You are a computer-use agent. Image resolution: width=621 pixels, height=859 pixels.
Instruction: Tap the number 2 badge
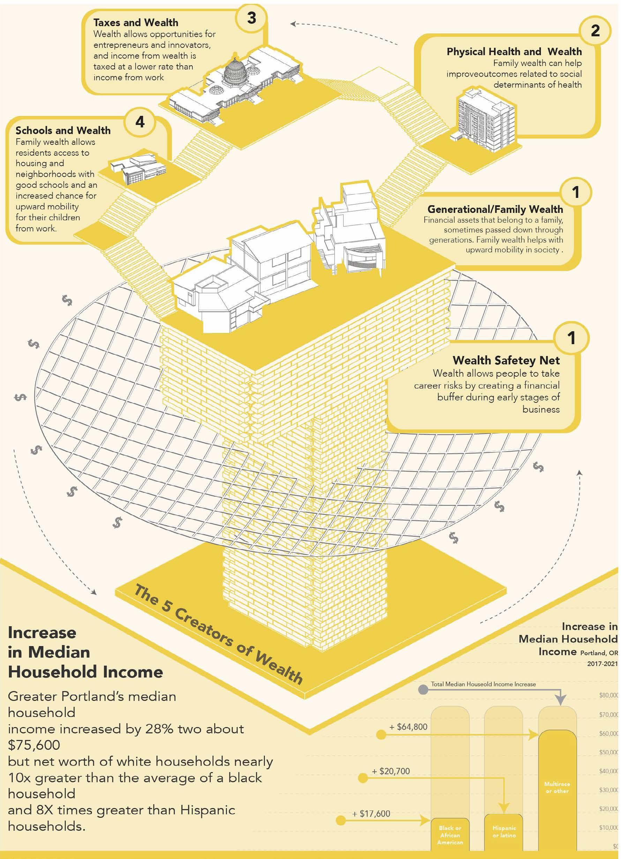coord(595,31)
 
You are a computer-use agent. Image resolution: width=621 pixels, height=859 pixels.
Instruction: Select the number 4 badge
coord(140,122)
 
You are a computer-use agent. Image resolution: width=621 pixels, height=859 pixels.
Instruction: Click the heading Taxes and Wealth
coord(136,22)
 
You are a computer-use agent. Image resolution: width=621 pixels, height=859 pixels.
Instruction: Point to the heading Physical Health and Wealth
coord(514,52)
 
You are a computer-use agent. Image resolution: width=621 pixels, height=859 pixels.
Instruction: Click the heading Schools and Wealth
coord(63,130)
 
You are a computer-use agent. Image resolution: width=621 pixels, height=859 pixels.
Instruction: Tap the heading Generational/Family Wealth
coord(495,209)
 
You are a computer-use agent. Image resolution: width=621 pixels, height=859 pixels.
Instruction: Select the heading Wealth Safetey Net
coord(506,360)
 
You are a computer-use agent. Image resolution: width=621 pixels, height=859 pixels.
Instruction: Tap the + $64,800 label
coord(408,727)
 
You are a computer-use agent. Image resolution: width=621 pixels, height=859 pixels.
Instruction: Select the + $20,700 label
coord(391,771)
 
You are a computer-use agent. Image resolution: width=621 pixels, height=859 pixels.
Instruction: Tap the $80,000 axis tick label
coord(608,695)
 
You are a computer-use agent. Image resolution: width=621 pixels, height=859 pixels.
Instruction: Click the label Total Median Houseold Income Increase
coord(483,684)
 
